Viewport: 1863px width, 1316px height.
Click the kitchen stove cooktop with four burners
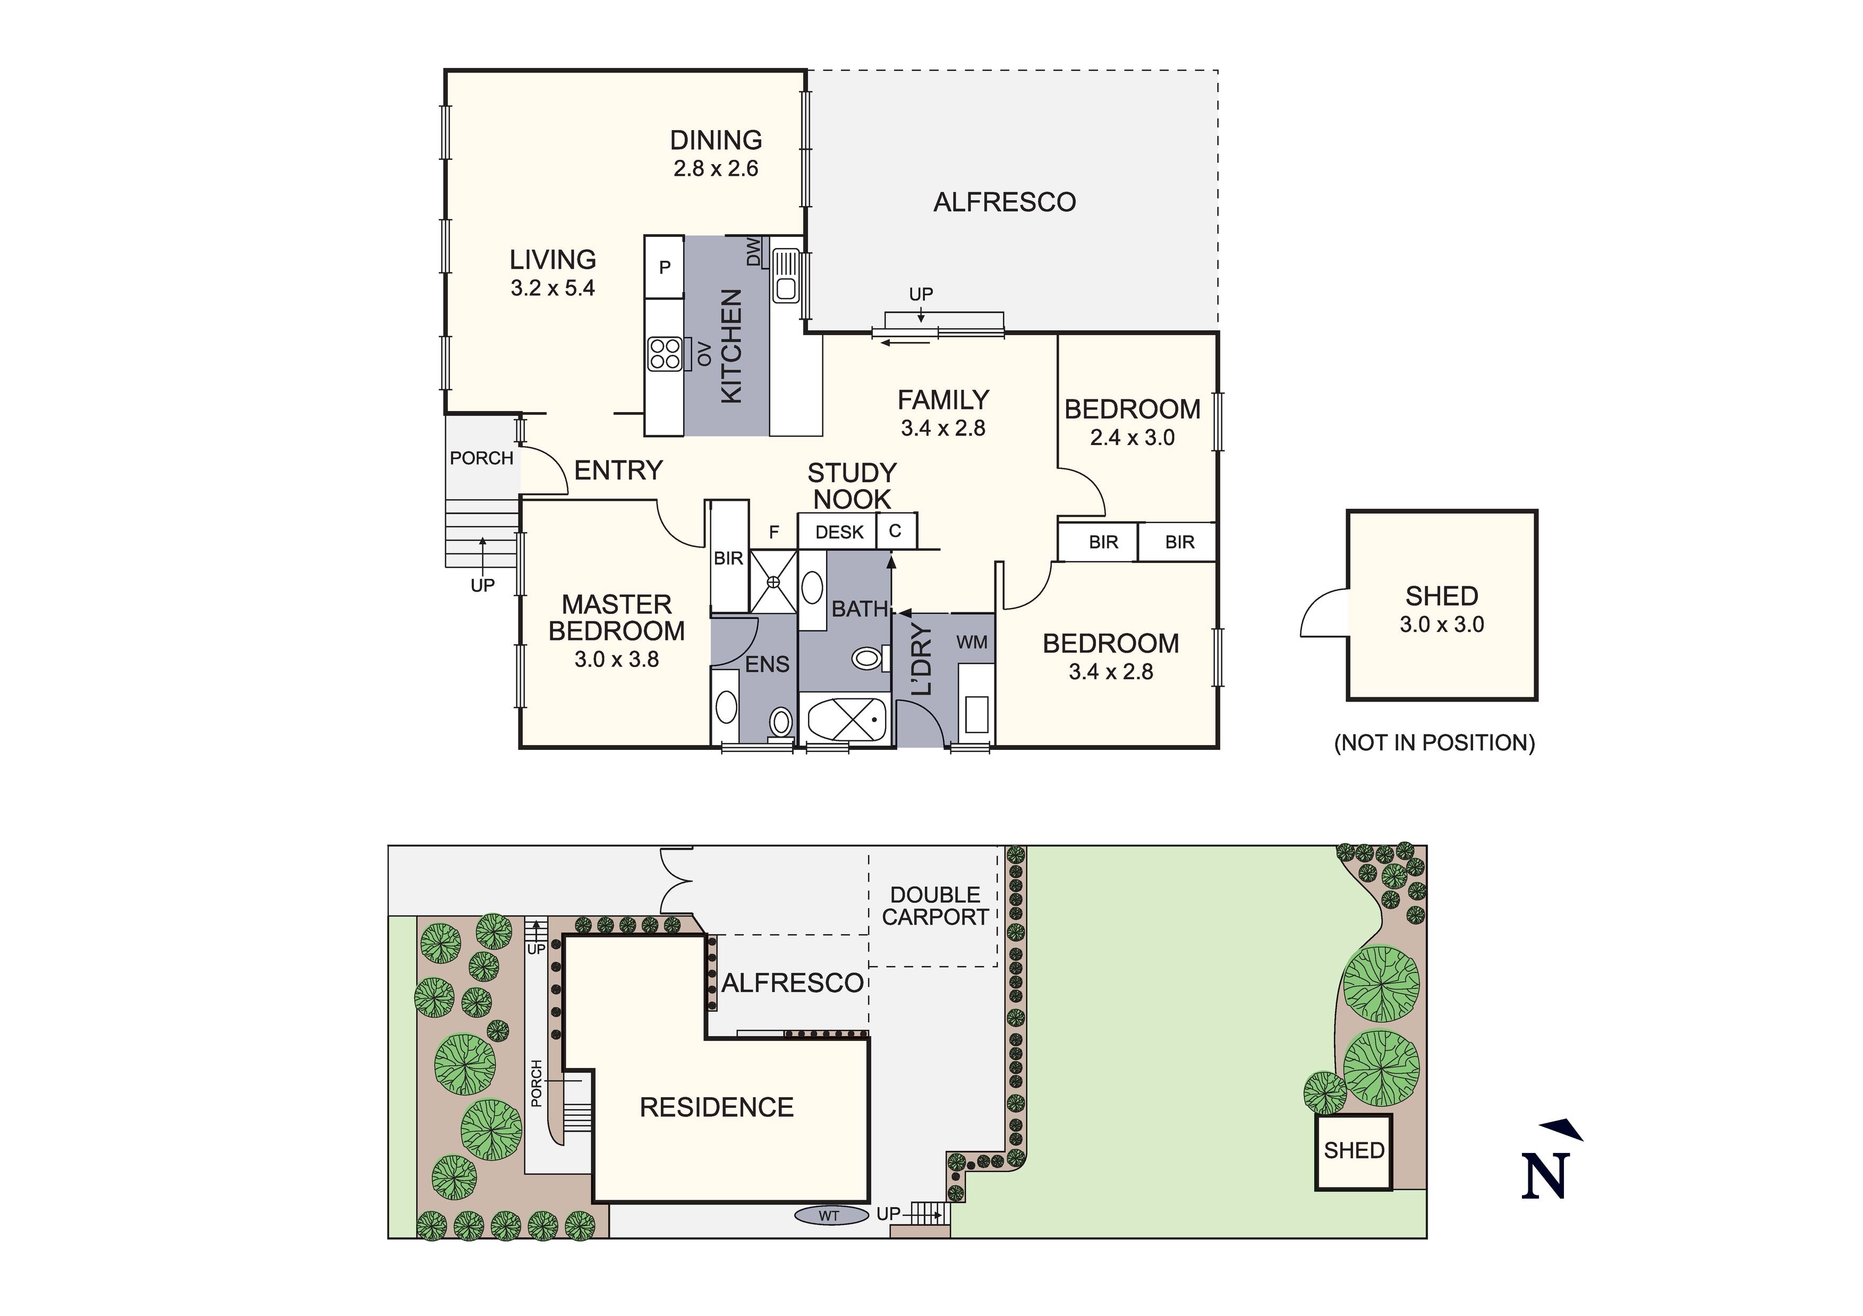pyautogui.click(x=665, y=353)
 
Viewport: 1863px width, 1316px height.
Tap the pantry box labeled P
pyautogui.click(x=665, y=267)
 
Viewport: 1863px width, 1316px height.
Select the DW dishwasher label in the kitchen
pyautogui.click(x=754, y=252)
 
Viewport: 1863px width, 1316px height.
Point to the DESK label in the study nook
pyautogui.click(x=839, y=532)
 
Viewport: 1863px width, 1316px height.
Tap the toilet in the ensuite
pyautogui.click(x=780, y=721)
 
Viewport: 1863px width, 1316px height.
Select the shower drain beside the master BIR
pyautogui.click(x=772, y=581)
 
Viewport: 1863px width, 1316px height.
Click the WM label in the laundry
pyautogui.click(x=971, y=643)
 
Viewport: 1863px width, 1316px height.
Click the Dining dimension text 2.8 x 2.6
pyautogui.click(x=716, y=169)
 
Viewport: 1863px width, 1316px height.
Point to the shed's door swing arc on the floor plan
pyautogui.click(x=1323, y=616)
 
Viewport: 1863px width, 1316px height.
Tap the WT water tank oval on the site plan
pyautogui.click(x=829, y=1216)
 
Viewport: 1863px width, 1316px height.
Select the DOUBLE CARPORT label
pyautogui.click(x=935, y=906)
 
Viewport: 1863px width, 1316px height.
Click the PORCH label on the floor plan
pyautogui.click(x=481, y=458)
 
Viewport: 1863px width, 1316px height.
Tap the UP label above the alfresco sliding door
pyautogui.click(x=921, y=294)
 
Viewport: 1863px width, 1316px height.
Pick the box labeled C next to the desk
pyautogui.click(x=895, y=532)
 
